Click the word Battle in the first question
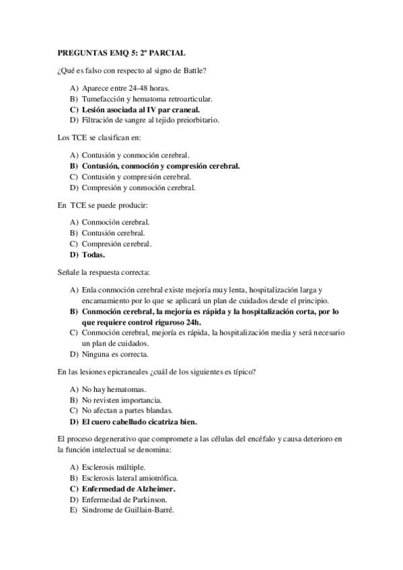tap(193, 70)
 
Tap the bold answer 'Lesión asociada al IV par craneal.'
tap(141, 109)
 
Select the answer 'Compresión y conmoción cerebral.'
tap(138, 188)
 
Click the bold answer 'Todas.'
tap(93, 255)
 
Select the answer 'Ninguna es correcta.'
tap(114, 354)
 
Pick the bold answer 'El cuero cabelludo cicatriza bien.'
tap(139, 422)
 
